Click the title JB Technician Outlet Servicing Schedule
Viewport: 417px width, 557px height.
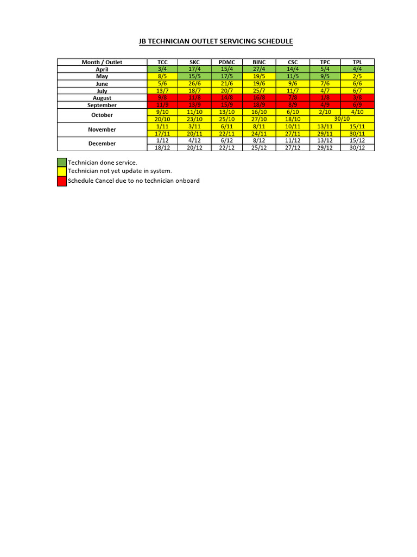[x=216, y=41]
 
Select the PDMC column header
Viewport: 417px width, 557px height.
[x=228, y=62]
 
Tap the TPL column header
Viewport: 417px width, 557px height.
[x=357, y=62]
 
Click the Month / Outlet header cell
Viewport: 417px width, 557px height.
[x=102, y=62]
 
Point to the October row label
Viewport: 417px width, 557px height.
[x=102, y=115]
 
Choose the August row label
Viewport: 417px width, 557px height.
[x=102, y=98]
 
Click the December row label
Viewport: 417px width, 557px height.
[x=102, y=144]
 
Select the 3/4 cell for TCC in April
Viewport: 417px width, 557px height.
[x=163, y=70]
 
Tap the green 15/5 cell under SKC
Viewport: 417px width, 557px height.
[x=195, y=77]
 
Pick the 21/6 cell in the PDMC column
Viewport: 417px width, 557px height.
[x=228, y=84]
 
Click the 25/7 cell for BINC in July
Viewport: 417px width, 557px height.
[x=260, y=91]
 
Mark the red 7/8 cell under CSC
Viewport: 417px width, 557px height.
[x=293, y=98]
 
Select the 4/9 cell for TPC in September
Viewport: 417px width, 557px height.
[x=325, y=105]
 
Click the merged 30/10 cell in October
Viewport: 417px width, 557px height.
[x=342, y=119]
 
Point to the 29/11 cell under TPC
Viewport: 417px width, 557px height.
[x=325, y=133]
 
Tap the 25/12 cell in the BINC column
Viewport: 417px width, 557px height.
[x=260, y=147]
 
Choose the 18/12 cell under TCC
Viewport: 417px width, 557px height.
[x=163, y=147]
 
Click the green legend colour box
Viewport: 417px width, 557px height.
[x=62, y=163]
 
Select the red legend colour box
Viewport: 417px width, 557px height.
[x=62, y=181]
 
